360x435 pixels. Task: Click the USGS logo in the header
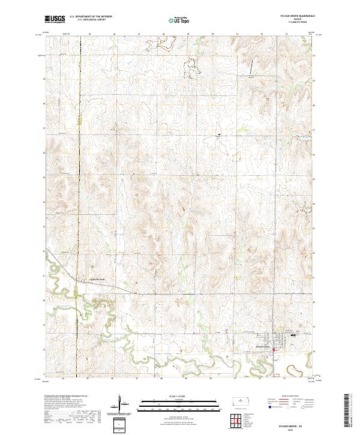54,19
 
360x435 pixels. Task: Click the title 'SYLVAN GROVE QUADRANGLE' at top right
298,16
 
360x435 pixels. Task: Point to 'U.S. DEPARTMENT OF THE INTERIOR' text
91,17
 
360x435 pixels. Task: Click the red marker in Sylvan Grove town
274,350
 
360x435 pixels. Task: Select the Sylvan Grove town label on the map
263,347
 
